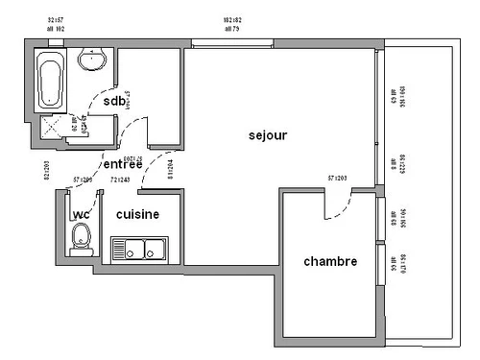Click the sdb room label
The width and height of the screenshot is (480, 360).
[114, 101]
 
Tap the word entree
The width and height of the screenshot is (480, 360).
[123, 164]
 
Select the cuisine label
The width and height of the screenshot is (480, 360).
[137, 214]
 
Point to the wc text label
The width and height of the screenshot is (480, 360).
[82, 214]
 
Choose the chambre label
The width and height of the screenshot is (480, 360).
[330, 261]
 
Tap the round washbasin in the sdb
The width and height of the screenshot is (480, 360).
[93, 61]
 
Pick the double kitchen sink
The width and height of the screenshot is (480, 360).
[138, 251]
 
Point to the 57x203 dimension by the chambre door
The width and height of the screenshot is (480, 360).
[337, 178]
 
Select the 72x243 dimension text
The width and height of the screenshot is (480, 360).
[121, 180]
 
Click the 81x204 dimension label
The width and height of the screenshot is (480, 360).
[170, 170]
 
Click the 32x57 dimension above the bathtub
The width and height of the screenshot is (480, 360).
[55, 18]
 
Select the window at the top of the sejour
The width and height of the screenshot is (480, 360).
[231, 42]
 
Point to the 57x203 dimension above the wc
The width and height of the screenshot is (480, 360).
[84, 180]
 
